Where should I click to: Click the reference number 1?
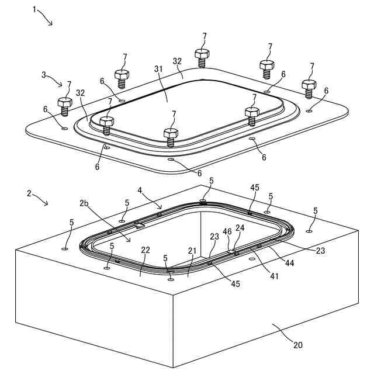click(34, 10)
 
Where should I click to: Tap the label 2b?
click(85, 204)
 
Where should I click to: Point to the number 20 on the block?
click(297, 345)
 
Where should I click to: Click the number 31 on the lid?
click(158, 69)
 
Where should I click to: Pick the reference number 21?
click(192, 251)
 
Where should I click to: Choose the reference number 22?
click(146, 250)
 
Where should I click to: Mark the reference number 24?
click(240, 228)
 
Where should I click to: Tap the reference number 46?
click(227, 232)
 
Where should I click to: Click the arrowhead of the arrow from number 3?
click(62, 85)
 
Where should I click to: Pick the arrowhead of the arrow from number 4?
click(161, 207)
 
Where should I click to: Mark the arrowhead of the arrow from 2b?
click(130, 241)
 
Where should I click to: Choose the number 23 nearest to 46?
click(214, 237)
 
